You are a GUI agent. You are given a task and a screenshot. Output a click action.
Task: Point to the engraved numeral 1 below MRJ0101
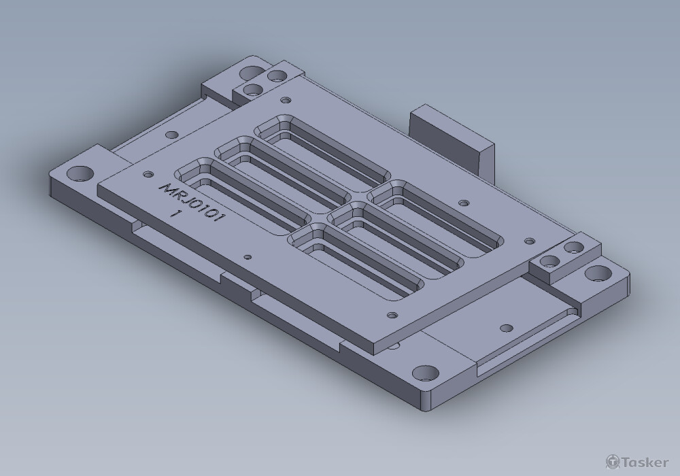176,214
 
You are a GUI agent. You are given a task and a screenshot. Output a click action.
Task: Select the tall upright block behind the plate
450,139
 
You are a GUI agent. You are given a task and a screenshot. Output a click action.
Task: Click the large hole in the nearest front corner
426,373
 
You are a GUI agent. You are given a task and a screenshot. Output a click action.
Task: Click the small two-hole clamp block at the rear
265,83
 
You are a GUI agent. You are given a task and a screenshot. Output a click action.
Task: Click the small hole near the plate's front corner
392,316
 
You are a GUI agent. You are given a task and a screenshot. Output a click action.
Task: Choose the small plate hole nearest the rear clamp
284,100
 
